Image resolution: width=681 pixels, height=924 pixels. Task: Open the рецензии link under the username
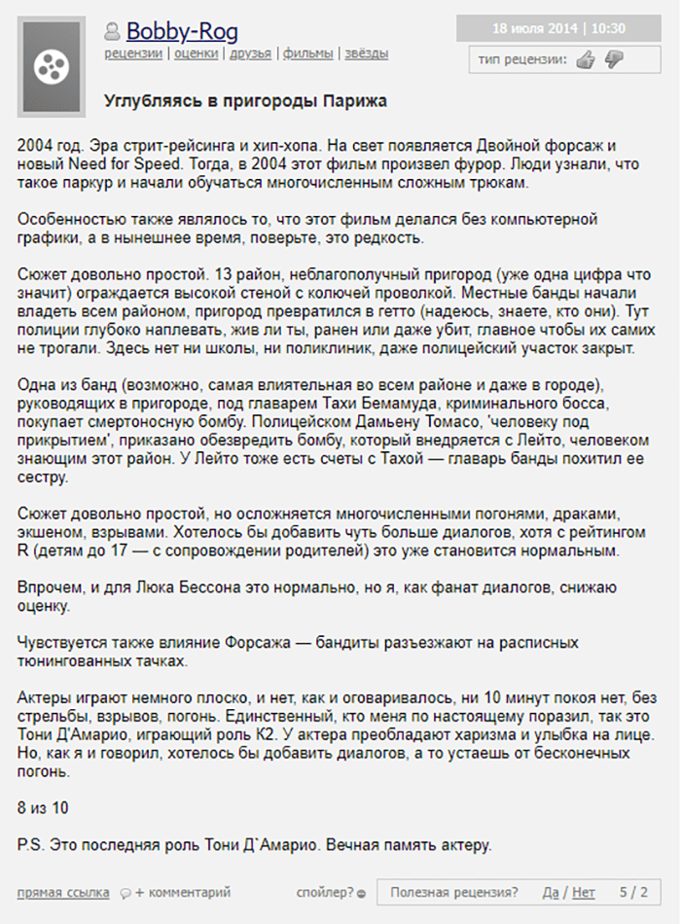click(x=133, y=53)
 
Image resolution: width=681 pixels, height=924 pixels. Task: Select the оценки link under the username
click(x=196, y=53)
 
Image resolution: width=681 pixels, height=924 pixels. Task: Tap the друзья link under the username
click(x=251, y=53)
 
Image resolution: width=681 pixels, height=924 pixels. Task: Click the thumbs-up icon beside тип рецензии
click(x=585, y=60)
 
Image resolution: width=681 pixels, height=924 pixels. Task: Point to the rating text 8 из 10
click(x=43, y=808)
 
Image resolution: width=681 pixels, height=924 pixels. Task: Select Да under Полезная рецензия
click(x=551, y=891)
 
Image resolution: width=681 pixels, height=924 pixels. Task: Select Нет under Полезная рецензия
click(x=584, y=891)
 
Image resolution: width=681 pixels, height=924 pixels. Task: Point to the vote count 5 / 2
click(x=632, y=891)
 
